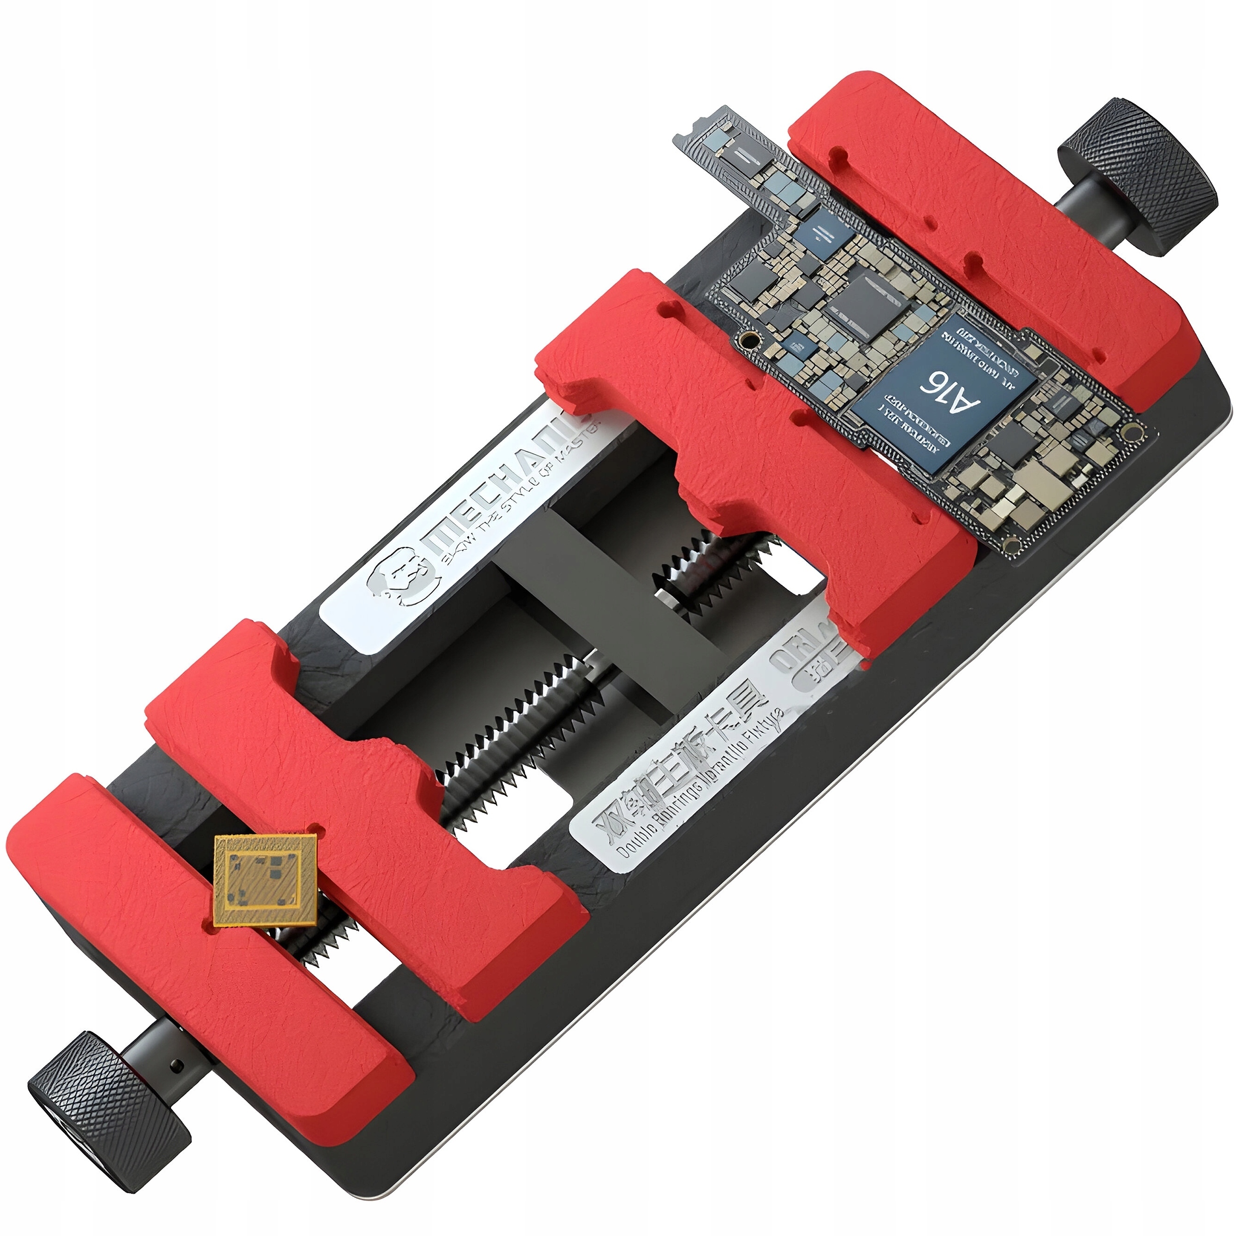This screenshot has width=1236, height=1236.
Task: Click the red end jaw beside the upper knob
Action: click(985, 224)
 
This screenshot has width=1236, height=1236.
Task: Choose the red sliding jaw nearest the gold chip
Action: click(358, 800)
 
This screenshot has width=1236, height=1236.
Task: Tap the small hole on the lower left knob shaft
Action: click(179, 1067)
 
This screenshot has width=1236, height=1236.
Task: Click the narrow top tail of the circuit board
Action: click(736, 154)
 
